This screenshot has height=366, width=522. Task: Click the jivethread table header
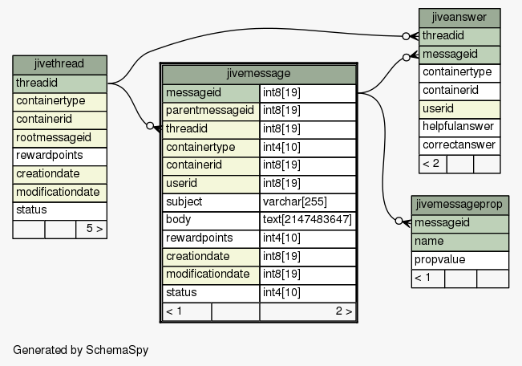point(59,65)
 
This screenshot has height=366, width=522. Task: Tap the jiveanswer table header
point(459,18)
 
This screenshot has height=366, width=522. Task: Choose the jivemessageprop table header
point(459,205)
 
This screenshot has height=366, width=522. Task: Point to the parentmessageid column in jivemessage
point(211,111)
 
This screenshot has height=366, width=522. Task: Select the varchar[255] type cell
point(308,202)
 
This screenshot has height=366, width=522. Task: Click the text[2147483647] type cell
point(308,220)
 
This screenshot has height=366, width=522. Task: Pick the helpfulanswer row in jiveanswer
point(459,127)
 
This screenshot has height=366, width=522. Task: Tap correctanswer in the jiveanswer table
point(459,145)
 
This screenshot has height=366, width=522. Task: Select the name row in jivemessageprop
point(459,242)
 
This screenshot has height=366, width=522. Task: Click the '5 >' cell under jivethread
point(91,229)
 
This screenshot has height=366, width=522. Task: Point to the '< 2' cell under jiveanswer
point(433,164)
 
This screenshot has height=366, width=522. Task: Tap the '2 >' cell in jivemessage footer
point(308,311)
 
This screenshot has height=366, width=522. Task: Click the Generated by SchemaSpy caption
point(80,350)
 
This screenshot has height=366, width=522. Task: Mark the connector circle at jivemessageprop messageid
point(399,221)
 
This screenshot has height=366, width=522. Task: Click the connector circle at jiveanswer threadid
point(406,36)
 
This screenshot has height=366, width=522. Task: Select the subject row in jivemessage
point(211,202)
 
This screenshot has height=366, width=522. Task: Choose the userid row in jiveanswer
point(459,109)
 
